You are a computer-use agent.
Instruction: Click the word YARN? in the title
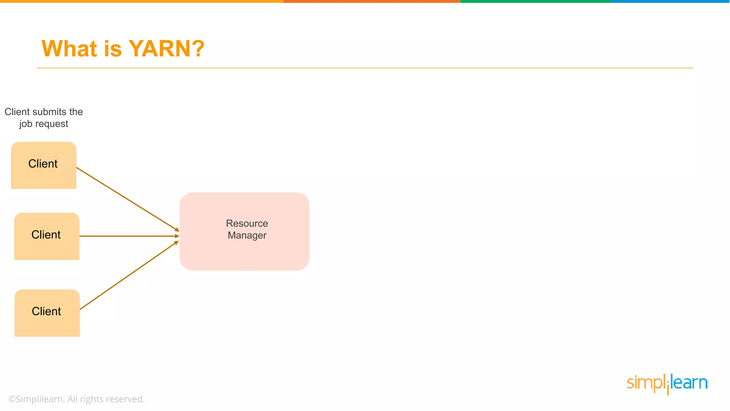[166, 49]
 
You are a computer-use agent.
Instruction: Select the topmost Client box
[43, 165]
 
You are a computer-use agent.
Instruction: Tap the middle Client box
[47, 236]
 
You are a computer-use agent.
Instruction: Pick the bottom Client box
[47, 313]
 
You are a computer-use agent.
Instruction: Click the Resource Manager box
[245, 250]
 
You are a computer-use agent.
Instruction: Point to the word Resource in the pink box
[247, 223]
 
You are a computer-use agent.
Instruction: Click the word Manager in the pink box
[247, 235]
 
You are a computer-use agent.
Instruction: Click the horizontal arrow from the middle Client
[128, 236]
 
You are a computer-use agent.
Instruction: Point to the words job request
[43, 124]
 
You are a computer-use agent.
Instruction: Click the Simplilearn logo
[667, 384]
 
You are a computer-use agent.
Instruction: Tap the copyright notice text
[76, 399]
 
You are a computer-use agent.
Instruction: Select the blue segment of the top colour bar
[670, 1]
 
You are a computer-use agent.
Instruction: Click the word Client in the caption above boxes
[17, 112]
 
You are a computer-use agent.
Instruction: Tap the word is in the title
[113, 49]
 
